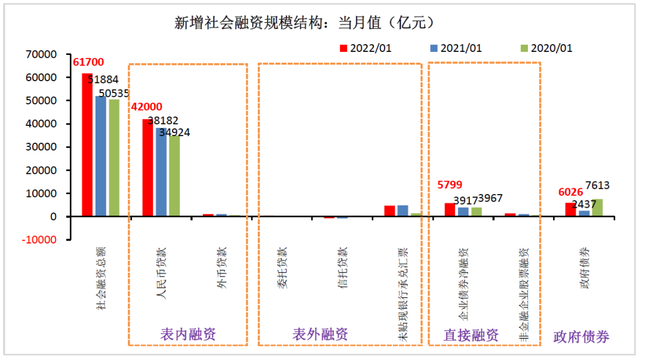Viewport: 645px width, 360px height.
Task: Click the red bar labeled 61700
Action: pos(87,144)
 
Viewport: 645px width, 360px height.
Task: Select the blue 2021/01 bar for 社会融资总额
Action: pos(100,156)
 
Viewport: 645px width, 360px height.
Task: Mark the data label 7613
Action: pos(597,185)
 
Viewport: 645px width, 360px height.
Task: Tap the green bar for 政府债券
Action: pos(597,208)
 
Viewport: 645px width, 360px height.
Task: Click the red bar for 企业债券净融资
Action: pos(449,210)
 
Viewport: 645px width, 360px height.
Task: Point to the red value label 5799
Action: pos(450,185)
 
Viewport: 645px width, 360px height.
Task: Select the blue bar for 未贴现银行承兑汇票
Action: pos(402,211)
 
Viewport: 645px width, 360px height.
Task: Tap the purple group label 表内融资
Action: pos(188,334)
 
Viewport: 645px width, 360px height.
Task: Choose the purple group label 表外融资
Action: pos(320,334)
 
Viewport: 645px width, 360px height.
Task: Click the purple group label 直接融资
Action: pos(471,335)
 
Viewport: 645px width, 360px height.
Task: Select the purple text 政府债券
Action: pos(581,337)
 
